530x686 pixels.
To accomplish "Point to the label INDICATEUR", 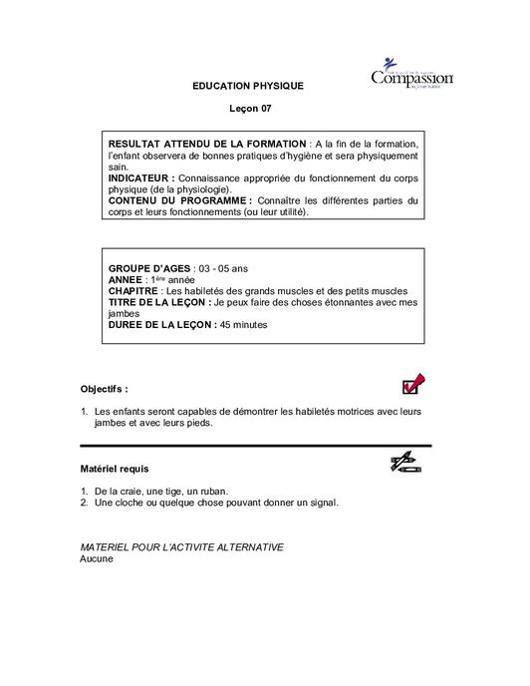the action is coord(140,178).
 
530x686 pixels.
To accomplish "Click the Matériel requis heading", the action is coord(115,467).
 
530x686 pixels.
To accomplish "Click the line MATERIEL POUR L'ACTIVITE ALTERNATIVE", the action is coord(181,547).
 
